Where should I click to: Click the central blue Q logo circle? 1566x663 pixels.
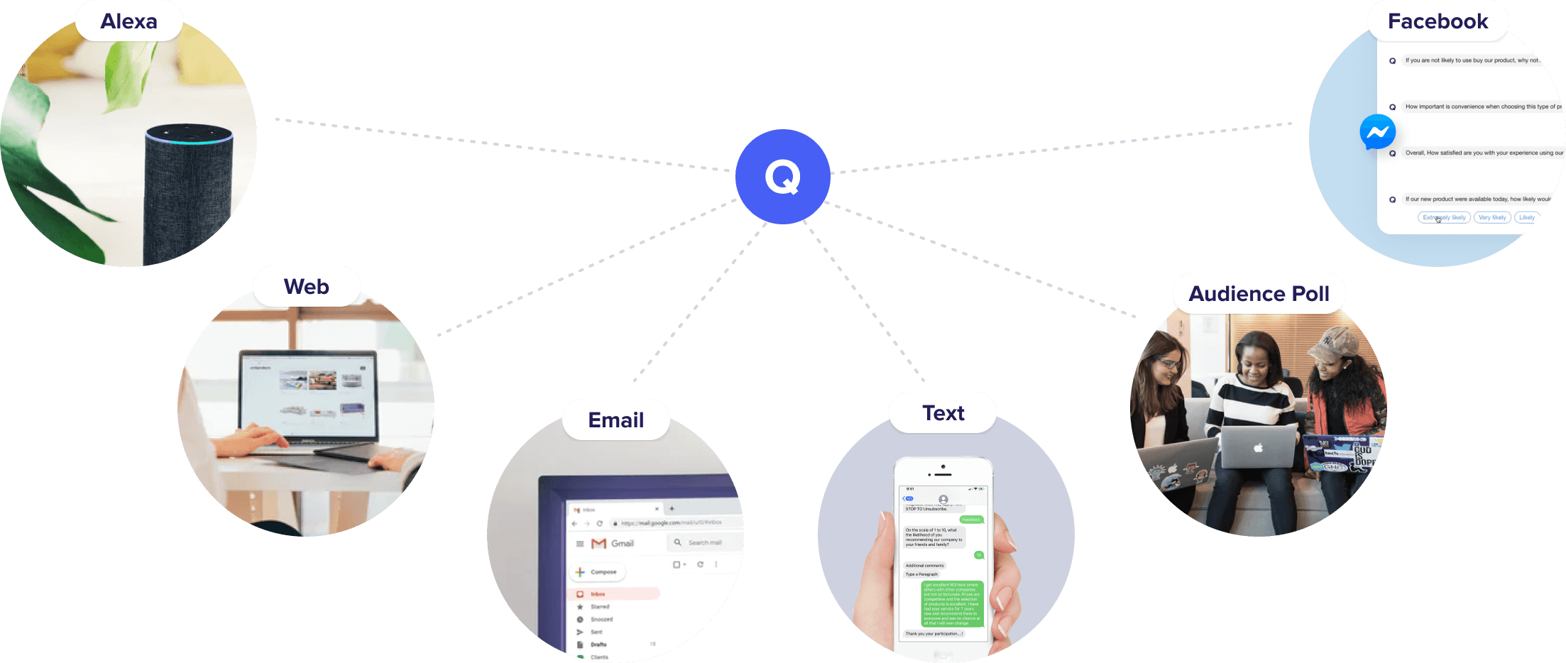tap(782, 177)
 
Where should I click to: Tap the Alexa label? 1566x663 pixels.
tap(128, 21)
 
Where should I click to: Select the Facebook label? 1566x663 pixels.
tap(1438, 21)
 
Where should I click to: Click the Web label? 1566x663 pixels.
tap(306, 287)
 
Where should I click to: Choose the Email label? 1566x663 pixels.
tap(615, 420)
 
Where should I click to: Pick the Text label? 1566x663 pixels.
tap(943, 413)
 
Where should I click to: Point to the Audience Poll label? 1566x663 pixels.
tap(1259, 294)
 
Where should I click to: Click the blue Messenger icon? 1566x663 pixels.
tap(1377, 132)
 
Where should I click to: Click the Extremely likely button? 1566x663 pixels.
tap(1444, 217)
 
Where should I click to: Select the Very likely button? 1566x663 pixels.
tap(1492, 217)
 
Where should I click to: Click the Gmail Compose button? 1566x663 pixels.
tap(597, 571)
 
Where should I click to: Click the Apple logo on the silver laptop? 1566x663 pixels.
tap(1258, 448)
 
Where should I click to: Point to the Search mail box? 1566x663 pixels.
tap(704, 543)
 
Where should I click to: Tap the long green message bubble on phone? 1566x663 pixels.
tap(952, 603)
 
